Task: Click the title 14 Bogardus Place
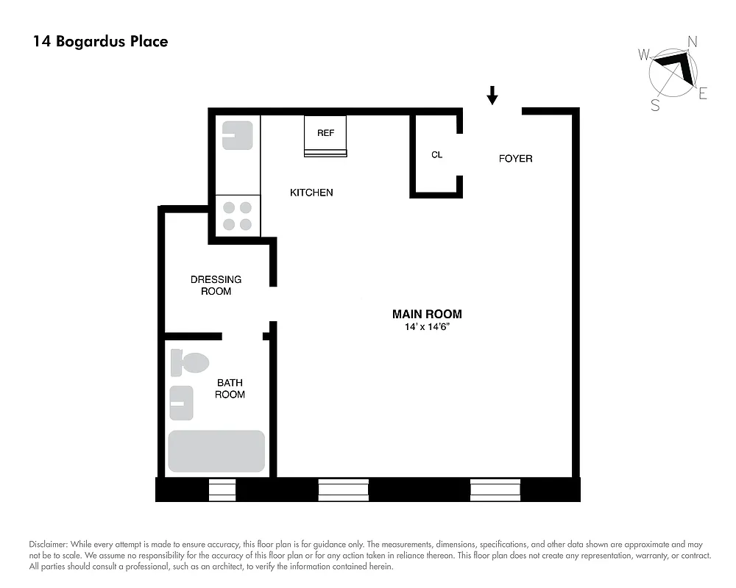coord(100,41)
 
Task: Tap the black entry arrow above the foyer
coord(492,95)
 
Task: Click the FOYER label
coord(515,158)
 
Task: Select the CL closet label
coord(436,155)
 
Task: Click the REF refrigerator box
coord(325,136)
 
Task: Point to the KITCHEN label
coord(311,193)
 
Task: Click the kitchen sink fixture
coord(237,136)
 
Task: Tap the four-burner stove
coord(237,216)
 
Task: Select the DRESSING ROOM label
coord(216,285)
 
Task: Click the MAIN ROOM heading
coord(427,314)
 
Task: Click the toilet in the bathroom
coord(190,363)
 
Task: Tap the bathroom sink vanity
coord(181,403)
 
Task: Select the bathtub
coord(216,451)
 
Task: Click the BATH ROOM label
coord(230,389)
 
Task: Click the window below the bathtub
coord(222,490)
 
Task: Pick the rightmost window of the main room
coord(495,490)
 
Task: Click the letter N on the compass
coord(691,41)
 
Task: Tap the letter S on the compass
coord(654,105)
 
